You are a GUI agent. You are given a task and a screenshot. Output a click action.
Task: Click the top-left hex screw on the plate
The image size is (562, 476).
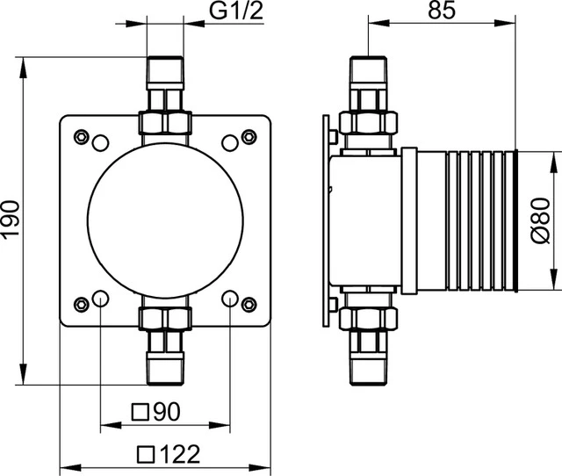pos(81,137)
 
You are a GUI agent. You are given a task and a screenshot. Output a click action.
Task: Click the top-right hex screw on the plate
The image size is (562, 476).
pos(249,137)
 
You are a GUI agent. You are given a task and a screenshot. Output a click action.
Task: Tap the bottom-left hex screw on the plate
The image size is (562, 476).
pos(81,304)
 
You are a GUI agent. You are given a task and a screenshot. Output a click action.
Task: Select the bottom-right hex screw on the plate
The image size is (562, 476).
pos(249,304)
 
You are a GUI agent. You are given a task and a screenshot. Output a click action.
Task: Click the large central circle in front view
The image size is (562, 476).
pos(164,220)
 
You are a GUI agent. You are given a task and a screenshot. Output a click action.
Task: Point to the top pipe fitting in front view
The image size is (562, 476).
pos(164,97)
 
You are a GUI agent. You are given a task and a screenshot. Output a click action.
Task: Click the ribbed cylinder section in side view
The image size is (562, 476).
pos(479,220)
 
